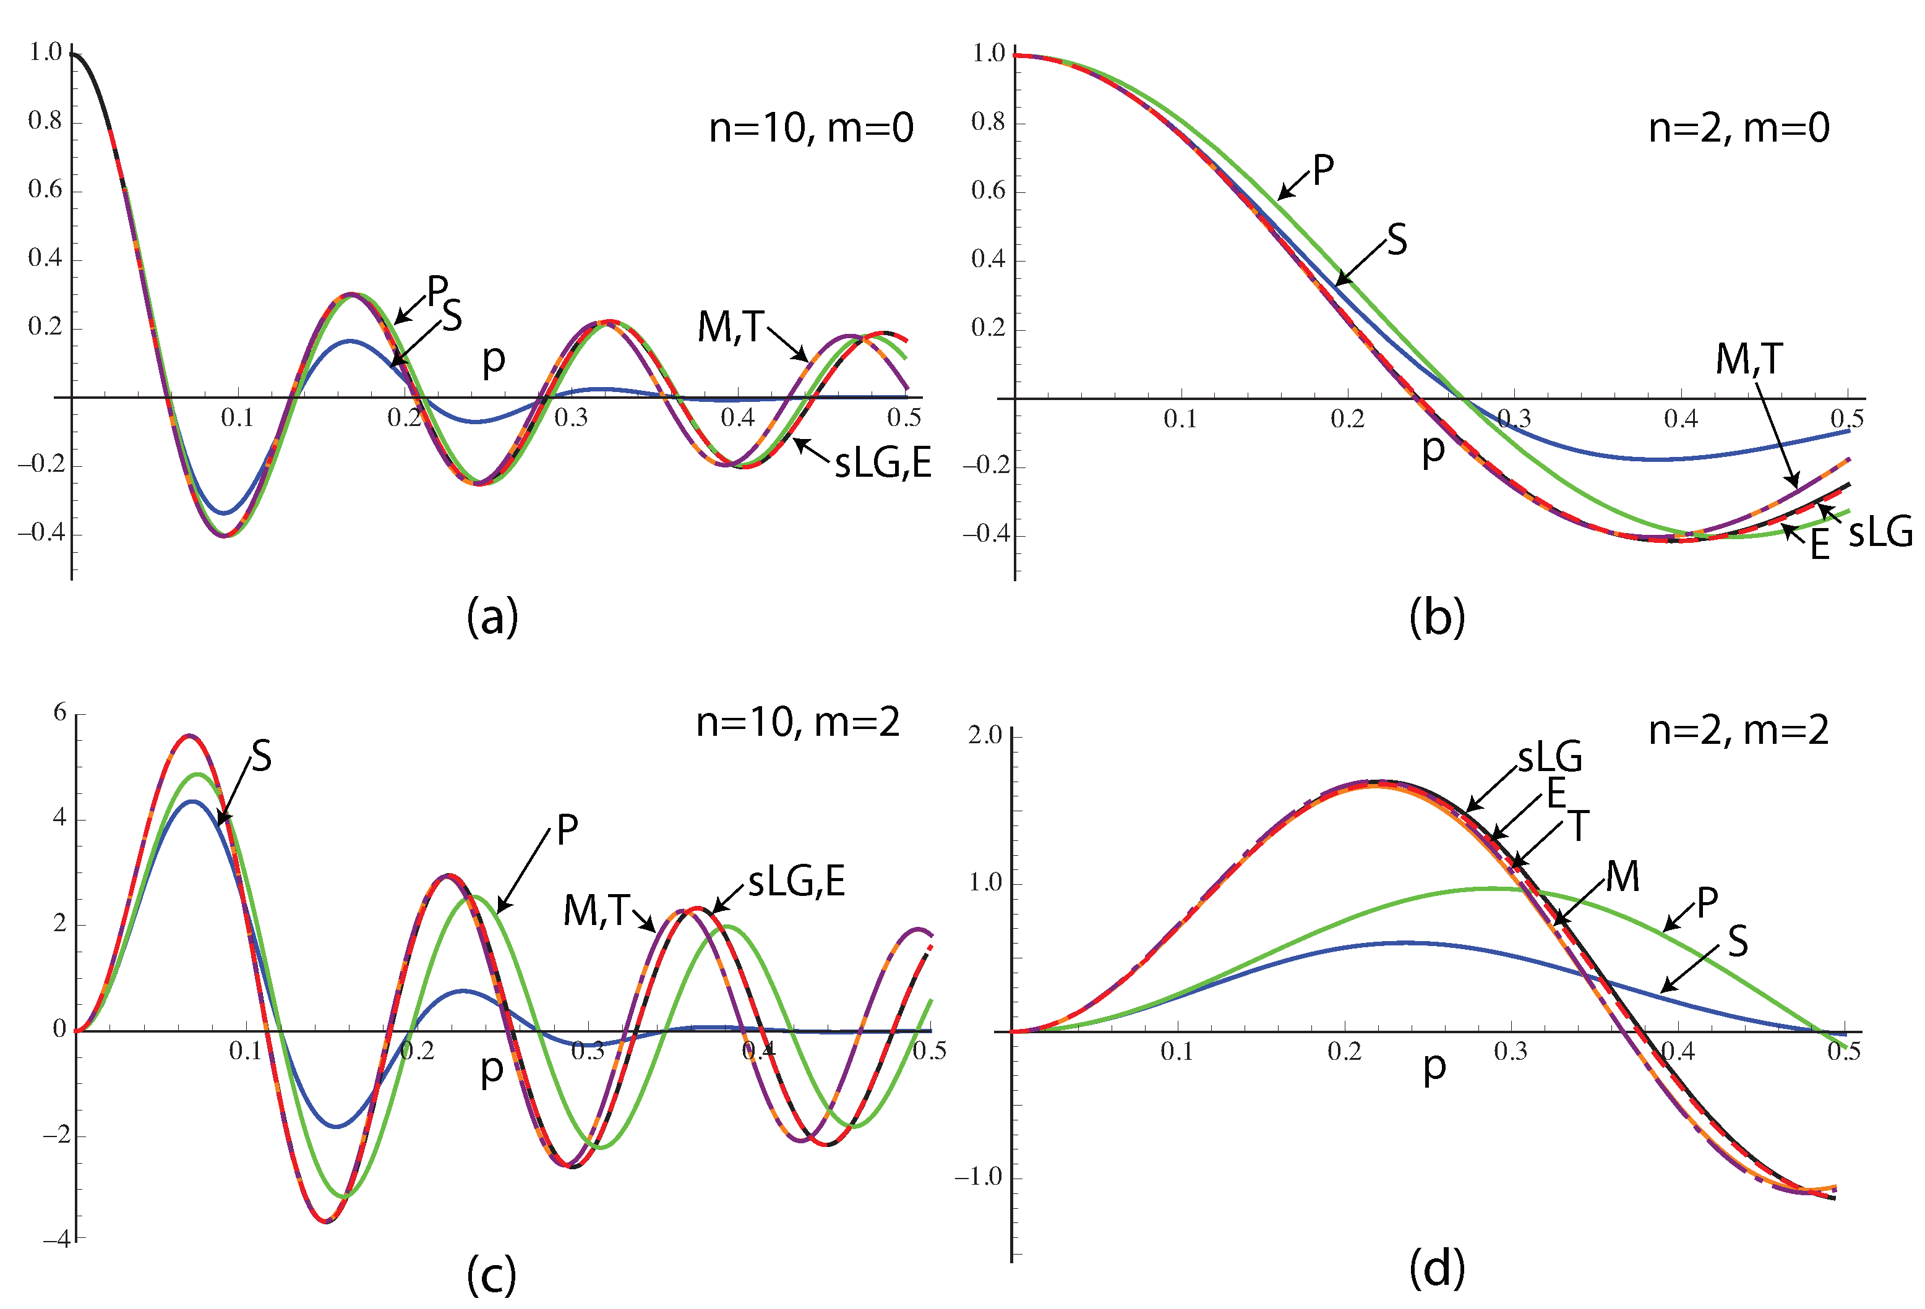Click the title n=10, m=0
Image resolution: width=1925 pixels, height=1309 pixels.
coord(810,129)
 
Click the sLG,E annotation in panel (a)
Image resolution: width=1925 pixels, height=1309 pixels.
coord(882,462)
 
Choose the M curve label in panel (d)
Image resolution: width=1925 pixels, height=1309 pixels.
coord(1622,876)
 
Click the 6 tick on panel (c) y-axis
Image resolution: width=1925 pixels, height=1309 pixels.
coord(59,712)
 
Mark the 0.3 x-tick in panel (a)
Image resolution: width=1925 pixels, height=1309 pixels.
coord(571,418)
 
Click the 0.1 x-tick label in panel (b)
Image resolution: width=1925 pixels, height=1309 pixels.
coord(1180,420)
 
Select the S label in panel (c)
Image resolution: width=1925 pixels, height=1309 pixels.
coord(261,756)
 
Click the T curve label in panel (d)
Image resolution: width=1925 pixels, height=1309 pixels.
coord(1579,826)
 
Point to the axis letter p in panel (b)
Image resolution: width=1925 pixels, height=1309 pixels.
coord(1433,450)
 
